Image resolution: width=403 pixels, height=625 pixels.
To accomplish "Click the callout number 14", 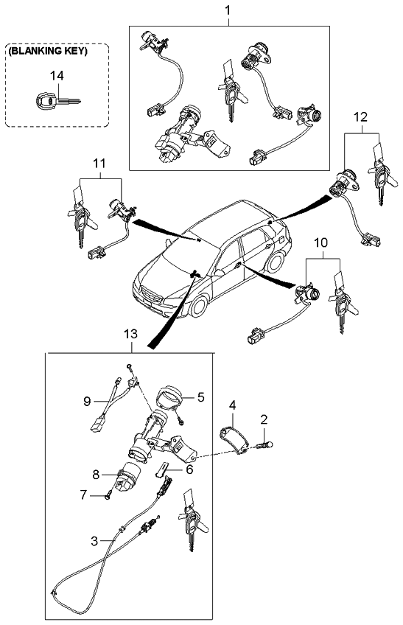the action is click(x=57, y=75).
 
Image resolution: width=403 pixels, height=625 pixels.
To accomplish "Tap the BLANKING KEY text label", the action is click(x=47, y=51).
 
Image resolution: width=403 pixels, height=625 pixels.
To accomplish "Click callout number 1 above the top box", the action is click(x=228, y=10).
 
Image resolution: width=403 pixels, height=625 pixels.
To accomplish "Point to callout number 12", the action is click(x=360, y=117).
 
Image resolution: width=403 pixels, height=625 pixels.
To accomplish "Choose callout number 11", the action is click(x=99, y=163).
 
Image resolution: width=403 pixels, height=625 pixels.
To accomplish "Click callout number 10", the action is click(x=321, y=242).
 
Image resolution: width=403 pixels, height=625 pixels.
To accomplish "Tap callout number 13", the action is click(x=130, y=334).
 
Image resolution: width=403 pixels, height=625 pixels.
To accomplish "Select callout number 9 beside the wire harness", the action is click(x=87, y=402).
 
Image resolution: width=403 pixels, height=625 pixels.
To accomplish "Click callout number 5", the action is click(x=201, y=397).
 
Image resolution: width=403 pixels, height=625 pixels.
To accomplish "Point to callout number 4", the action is click(x=232, y=405).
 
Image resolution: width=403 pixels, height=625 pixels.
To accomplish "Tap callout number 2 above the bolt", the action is click(x=264, y=419).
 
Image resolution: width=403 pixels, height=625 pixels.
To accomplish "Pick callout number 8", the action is click(x=96, y=475).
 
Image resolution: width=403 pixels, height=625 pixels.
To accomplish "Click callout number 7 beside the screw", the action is click(x=83, y=495).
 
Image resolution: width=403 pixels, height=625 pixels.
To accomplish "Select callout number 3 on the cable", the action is click(x=94, y=541).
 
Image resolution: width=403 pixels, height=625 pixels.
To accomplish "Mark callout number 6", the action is click(x=189, y=469).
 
